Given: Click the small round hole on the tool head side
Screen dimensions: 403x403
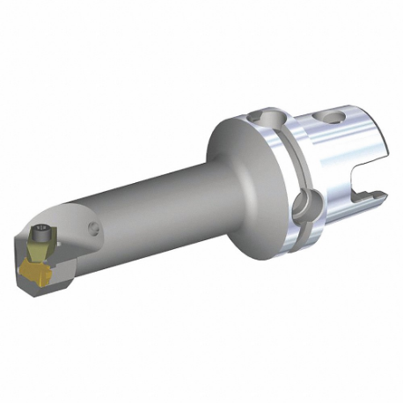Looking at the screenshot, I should (x=94, y=231).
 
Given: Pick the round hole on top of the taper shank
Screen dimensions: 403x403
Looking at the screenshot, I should (x=336, y=115).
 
